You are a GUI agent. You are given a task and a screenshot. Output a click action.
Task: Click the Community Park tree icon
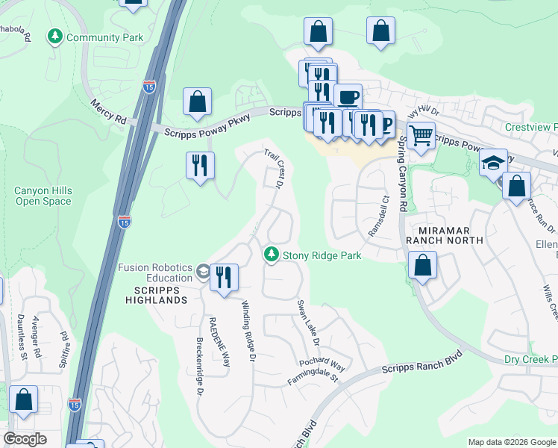coord(54,37)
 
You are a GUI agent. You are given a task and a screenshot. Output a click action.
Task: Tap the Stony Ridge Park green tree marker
coord(272,255)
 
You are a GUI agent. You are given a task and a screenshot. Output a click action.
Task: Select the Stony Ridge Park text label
coord(322,256)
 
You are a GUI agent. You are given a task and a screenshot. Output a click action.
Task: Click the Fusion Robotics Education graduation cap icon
coord(202,273)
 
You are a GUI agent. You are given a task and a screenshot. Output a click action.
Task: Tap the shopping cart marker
coord(421,136)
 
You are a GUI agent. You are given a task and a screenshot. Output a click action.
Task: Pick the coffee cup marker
coord(348,97)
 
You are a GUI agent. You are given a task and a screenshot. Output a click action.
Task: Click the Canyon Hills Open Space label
coord(43,196)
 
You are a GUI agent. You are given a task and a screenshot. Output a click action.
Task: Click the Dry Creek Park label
coord(531,360)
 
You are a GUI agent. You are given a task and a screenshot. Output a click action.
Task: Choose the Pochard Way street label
coord(322,365)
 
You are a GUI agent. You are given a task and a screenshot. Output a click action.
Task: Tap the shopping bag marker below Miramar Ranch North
coord(422,266)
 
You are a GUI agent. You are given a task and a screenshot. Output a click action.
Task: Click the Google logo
coord(25,439)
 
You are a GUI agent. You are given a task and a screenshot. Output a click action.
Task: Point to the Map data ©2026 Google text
coord(511,442)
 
